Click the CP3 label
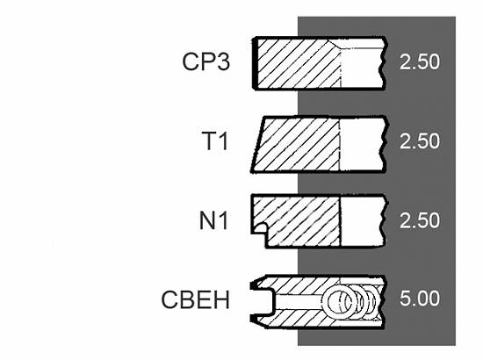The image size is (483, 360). coord(205,61)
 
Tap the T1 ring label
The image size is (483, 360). coord(215,140)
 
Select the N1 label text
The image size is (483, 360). coord(213,220)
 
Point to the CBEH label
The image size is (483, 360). coord(196,299)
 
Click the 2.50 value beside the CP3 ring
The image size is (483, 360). coord(420,61)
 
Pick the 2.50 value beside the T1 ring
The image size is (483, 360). coord(420,141)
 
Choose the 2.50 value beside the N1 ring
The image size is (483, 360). coord(420,220)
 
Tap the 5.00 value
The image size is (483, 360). coord(420,299)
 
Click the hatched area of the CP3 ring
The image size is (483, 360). coord(297,63)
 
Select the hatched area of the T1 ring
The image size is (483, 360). coord(297,144)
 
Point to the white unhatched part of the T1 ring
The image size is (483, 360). coord(362,144)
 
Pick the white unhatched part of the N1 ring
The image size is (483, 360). coord(362,221)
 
